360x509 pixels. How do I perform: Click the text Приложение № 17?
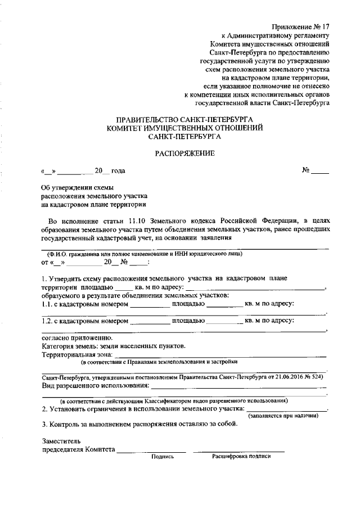tap(301, 26)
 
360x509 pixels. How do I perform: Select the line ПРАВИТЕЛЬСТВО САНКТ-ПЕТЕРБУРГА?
tap(184, 120)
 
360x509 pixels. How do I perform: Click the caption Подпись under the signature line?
tap(163, 456)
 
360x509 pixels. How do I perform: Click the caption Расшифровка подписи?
tap(241, 456)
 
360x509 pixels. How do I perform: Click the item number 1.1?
tap(47, 304)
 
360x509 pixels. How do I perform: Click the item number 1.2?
tap(47, 322)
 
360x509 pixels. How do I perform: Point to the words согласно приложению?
tap(77, 339)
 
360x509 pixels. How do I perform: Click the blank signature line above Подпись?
tap(152, 451)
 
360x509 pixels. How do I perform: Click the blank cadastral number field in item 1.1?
tap(150, 304)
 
